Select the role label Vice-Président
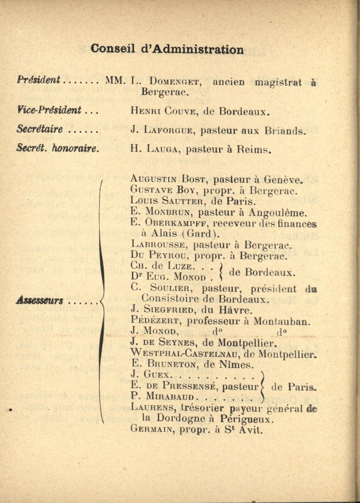pos(49,110)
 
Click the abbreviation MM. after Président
pos(115,81)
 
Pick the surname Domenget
pos(175,82)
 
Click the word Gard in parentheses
pos(199,234)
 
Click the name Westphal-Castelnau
pos(183,353)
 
